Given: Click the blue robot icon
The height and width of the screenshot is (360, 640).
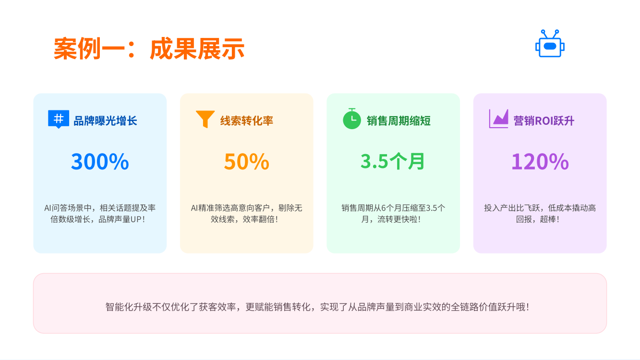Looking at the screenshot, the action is (x=550, y=43).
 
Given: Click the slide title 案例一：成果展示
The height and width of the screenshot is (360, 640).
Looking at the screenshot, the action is (x=149, y=48).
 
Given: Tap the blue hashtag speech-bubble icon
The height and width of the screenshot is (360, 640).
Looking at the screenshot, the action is (x=59, y=119).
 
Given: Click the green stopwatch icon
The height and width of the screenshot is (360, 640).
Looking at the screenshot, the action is (x=352, y=119).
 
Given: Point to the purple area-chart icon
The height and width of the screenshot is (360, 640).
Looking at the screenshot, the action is (x=498, y=119).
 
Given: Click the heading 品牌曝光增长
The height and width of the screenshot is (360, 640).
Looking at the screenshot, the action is (x=106, y=121).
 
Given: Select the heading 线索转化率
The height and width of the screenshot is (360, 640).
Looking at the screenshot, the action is (x=247, y=121).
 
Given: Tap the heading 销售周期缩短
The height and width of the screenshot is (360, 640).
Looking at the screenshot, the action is (x=398, y=121).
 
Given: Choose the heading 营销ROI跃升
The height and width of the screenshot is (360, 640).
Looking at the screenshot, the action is (x=543, y=121).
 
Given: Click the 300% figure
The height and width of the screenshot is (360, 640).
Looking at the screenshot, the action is (x=100, y=161).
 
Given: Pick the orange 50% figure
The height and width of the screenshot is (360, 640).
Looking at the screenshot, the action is (x=247, y=161).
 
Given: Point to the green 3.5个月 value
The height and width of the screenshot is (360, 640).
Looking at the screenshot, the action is (x=393, y=161).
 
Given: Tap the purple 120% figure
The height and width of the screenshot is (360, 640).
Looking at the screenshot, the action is (x=540, y=161).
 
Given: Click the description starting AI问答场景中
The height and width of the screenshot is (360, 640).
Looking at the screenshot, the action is (x=100, y=214).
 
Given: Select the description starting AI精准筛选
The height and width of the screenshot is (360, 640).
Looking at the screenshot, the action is (x=246, y=214).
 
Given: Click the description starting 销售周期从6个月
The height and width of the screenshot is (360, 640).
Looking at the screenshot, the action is (x=393, y=214).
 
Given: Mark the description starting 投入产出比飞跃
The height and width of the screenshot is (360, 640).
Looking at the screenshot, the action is (x=540, y=214).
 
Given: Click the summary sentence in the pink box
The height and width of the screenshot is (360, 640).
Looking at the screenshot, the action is (x=318, y=307).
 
